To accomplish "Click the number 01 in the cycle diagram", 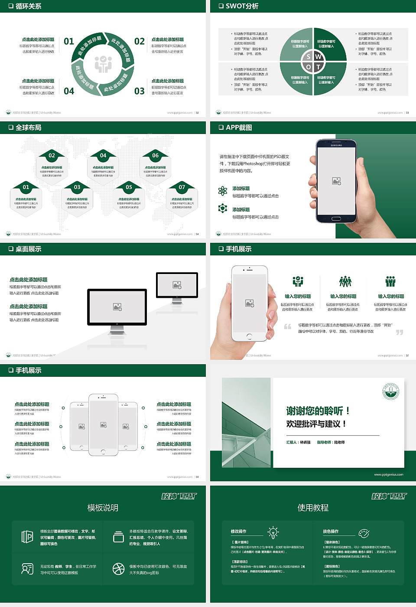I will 69,41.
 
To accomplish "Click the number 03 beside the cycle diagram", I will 139,91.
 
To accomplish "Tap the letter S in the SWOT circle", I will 309,57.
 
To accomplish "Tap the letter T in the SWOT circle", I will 318,67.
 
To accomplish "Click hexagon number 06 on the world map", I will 155,155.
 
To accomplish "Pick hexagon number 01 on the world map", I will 26,187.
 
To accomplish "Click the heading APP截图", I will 239,127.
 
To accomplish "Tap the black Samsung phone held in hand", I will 336,181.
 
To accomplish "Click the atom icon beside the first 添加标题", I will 223,191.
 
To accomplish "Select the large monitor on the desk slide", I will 117,307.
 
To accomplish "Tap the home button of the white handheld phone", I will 249,336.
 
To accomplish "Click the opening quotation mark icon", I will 288,326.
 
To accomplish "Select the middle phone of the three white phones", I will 103,424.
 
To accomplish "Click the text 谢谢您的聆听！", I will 318,411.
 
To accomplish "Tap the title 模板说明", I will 103,508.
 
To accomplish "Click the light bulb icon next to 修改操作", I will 273,532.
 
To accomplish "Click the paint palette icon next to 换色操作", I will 364,533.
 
